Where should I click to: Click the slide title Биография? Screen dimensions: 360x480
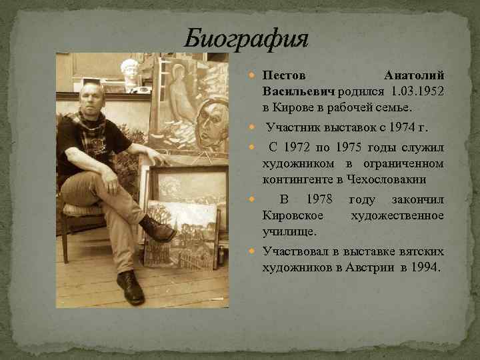(x=246, y=39)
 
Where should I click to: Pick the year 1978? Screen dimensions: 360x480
(x=319, y=200)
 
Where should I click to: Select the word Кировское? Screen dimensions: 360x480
(x=293, y=215)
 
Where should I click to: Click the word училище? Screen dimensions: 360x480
(x=289, y=231)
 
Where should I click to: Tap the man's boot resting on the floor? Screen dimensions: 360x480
(x=130, y=288)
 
